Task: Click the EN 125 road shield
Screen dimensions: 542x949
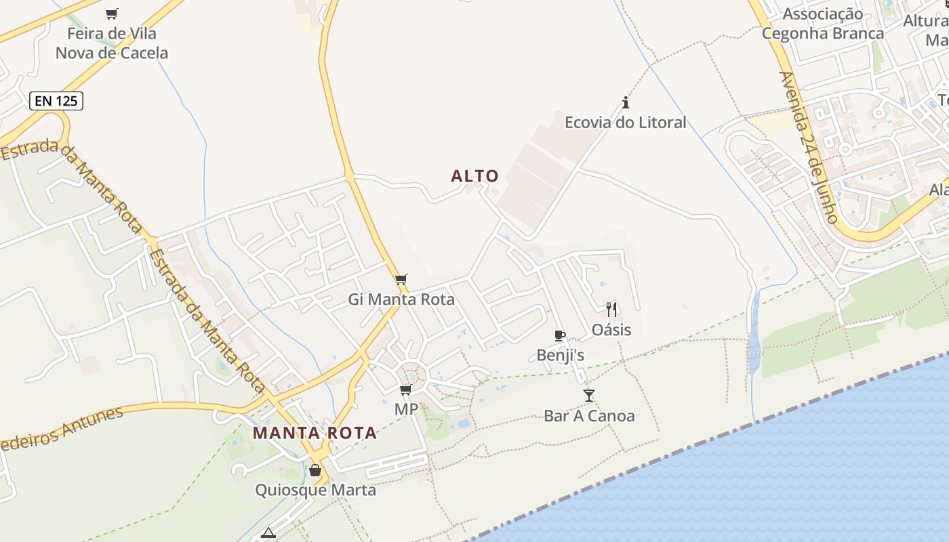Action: tap(56, 102)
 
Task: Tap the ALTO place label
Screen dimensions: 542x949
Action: tap(474, 176)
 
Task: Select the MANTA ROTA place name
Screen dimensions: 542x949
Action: tap(315, 433)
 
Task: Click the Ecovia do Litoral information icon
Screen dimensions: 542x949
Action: tap(626, 103)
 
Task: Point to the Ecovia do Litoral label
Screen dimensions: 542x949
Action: tap(626, 123)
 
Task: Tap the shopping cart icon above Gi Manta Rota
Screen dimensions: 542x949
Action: tap(401, 279)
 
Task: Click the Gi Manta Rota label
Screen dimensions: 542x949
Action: tap(401, 299)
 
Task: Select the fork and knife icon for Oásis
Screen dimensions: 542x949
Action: tap(611, 310)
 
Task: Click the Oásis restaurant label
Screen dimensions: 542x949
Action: tap(611, 330)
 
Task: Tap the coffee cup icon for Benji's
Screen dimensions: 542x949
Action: tap(560, 335)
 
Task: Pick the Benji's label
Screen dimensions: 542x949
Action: tap(560, 355)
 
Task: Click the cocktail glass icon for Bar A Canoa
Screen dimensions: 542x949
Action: tap(588, 396)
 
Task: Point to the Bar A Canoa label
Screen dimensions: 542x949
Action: tap(589, 416)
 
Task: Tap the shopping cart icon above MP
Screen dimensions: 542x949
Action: tap(405, 390)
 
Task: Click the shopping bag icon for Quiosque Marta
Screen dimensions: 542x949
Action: tap(315, 470)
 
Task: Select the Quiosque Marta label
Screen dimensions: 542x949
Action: tap(315, 490)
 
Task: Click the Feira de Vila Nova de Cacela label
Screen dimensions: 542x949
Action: tap(112, 43)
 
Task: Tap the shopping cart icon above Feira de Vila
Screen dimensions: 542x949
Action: tap(112, 14)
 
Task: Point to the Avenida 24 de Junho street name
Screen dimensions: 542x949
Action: tap(808, 148)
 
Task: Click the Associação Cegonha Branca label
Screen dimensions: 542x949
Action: tap(823, 23)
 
